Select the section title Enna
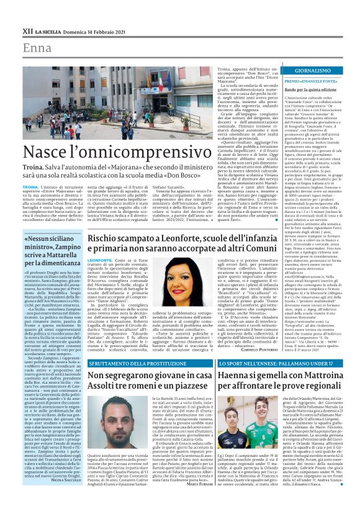click(37, 47)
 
